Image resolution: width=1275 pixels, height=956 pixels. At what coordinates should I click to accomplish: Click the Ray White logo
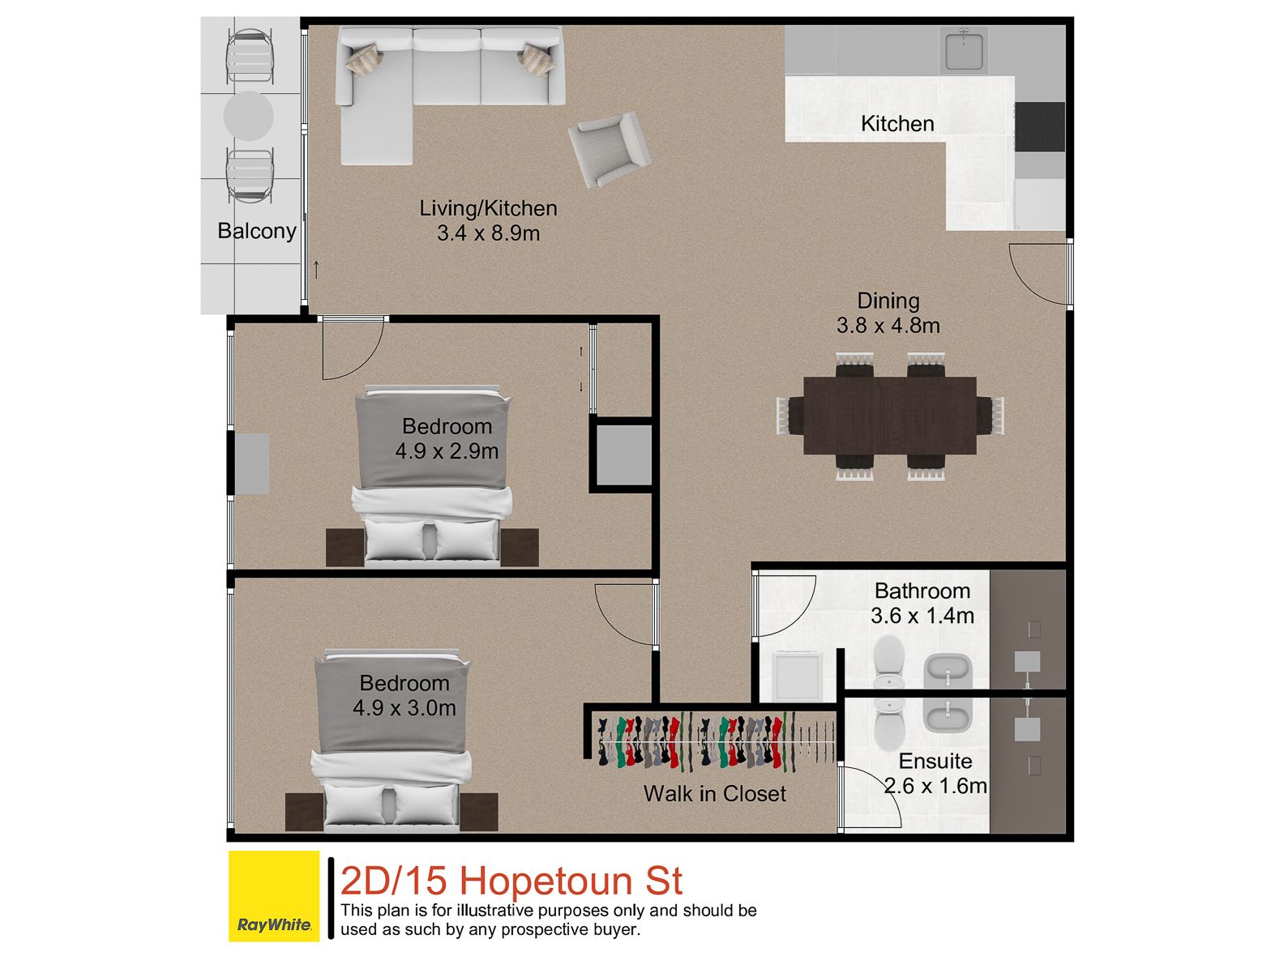click(274, 896)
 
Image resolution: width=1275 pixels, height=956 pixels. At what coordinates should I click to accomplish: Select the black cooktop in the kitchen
click(1040, 126)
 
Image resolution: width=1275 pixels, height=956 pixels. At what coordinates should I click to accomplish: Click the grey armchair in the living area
click(610, 149)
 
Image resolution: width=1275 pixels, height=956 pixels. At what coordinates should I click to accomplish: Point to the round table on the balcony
click(249, 116)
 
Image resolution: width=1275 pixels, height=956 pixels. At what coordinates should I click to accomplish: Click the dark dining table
click(890, 415)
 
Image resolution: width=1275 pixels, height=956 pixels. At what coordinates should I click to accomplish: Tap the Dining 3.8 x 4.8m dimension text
click(888, 326)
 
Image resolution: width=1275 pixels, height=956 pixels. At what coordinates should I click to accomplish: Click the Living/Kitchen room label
click(489, 207)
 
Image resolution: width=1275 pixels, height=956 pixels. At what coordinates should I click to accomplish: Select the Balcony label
click(257, 231)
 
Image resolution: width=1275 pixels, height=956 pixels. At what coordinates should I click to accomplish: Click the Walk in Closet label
click(714, 793)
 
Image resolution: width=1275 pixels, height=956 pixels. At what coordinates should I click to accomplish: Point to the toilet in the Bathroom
click(888, 662)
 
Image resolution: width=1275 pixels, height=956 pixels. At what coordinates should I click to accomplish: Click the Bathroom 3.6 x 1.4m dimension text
click(922, 615)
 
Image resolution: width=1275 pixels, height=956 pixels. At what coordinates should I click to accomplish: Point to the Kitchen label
click(897, 124)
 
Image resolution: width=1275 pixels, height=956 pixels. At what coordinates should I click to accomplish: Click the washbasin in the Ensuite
click(948, 715)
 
